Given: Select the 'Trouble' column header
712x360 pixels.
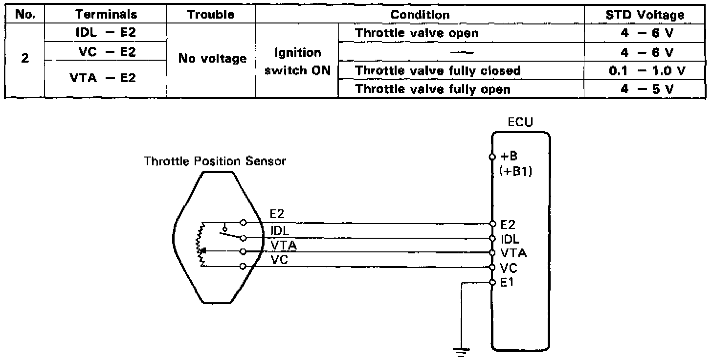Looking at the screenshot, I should point(211,15).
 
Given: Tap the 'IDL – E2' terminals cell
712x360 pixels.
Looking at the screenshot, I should point(106,33).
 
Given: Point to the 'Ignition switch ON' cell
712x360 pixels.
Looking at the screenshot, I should point(297,61).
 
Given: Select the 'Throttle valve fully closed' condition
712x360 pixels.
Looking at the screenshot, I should point(438,70).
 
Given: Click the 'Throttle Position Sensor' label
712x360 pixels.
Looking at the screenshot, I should point(215,161).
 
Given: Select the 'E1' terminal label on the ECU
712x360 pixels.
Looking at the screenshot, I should point(507,282).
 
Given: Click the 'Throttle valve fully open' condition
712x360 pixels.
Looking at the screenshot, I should point(433,89).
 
